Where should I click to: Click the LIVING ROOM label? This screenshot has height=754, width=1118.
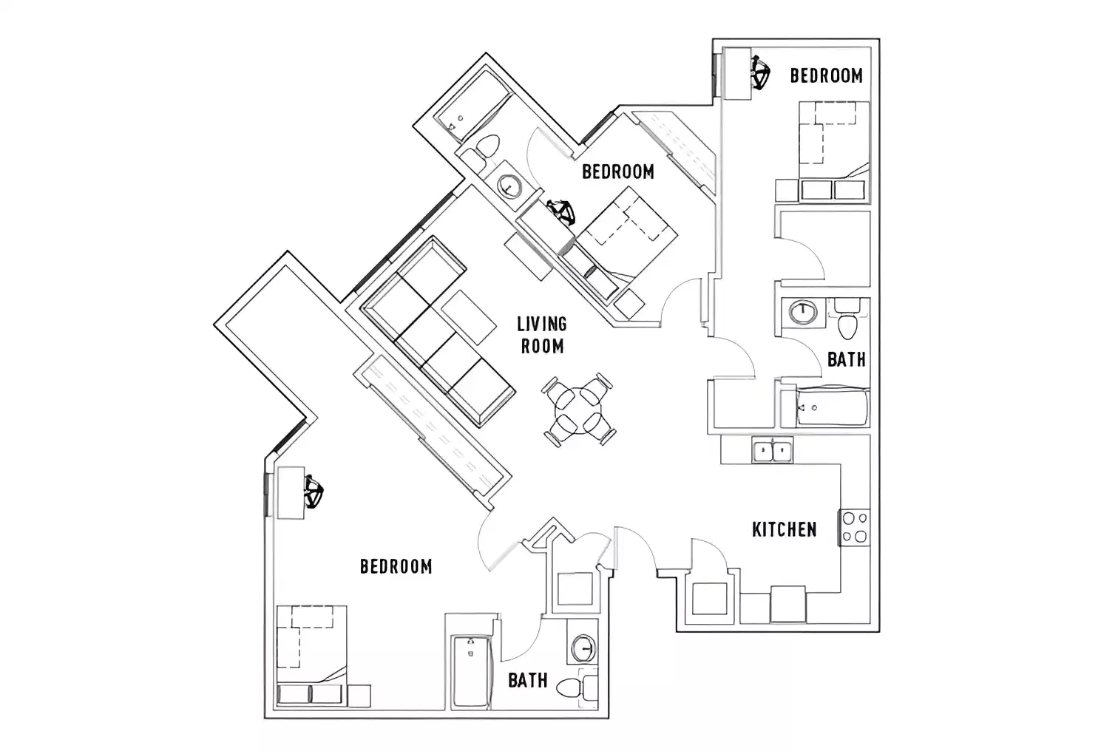pyautogui.click(x=542, y=335)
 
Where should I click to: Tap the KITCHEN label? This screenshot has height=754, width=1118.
pyautogui.click(x=784, y=529)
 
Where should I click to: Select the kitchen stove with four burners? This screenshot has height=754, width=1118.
pyautogui.click(x=856, y=528)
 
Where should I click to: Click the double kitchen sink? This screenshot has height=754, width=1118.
pyautogui.click(x=773, y=449)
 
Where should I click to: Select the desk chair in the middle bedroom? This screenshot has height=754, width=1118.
pyautogui.click(x=561, y=212)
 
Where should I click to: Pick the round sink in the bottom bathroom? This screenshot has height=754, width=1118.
pyautogui.click(x=583, y=648)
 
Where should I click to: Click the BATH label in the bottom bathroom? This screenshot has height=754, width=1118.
pyautogui.click(x=528, y=680)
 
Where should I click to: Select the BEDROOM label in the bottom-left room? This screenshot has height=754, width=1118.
pyautogui.click(x=396, y=566)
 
